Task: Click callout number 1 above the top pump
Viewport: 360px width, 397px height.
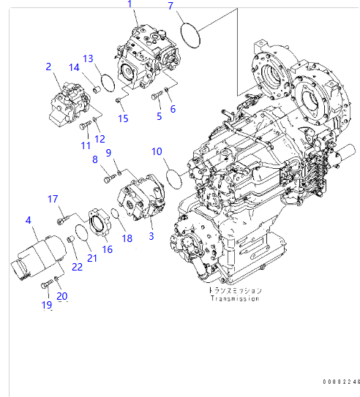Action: pos(130,5)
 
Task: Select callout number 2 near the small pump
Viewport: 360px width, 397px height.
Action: pos(48,67)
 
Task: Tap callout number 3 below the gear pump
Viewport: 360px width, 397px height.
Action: pos(151,235)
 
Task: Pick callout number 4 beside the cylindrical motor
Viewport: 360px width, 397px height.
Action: pos(28,219)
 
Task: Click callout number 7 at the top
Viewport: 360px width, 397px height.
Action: pos(170,7)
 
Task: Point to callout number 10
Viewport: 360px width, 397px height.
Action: pos(157,151)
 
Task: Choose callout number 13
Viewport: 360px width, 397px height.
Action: pos(87,58)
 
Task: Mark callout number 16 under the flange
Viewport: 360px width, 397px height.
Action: pos(107,249)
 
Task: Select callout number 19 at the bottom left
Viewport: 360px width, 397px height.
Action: pos(47,305)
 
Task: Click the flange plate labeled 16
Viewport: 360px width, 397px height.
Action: pos(96,224)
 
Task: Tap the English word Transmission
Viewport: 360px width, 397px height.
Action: pos(236,298)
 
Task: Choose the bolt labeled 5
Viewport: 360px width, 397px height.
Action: pos(157,94)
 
